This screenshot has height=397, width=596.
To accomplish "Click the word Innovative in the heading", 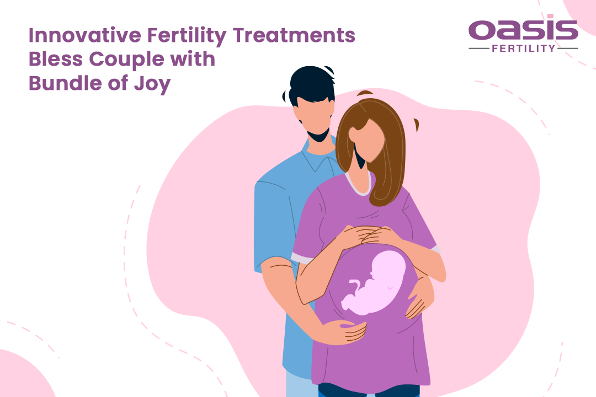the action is coord(85,35).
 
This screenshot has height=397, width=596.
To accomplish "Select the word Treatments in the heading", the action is coord(294,35).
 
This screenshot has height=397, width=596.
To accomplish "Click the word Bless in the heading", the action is coord(56,59).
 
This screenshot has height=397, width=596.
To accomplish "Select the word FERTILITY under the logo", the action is coord(523,49).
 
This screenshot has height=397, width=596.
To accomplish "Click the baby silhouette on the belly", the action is coord(374,283).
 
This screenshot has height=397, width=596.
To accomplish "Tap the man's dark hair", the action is coord(310,85).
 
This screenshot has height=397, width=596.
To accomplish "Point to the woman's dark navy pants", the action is coord(369,390).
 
